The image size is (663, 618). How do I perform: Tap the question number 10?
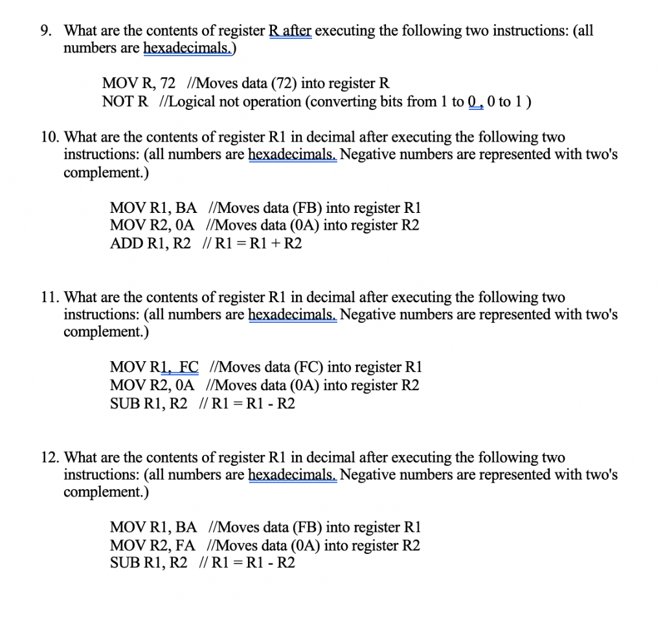49,137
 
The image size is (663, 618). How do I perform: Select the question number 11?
49,297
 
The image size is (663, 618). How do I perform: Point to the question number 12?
49,458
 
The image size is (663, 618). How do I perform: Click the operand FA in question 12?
185,546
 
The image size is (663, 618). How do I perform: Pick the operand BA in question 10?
186,208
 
